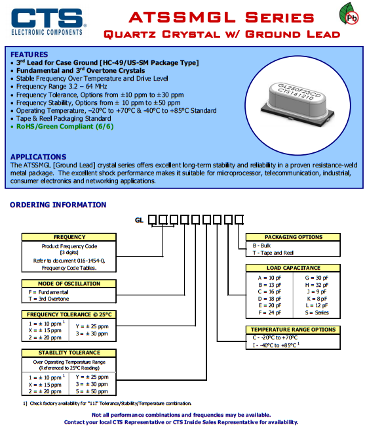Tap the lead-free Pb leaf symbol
(349, 14)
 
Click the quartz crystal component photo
(298, 105)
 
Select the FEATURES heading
(29, 54)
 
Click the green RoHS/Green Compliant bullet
(65, 127)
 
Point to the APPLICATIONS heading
(38, 157)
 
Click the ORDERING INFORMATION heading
(58, 205)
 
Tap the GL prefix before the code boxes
(139, 220)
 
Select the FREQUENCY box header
(69, 237)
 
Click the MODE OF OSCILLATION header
(69, 284)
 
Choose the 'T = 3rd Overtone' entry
(48, 299)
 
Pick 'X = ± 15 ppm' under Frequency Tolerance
(45, 330)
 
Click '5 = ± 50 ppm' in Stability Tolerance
(92, 391)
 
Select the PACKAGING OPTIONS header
(294, 237)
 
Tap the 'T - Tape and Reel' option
(273, 253)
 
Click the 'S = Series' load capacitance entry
(317, 312)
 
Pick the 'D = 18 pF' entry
(270, 299)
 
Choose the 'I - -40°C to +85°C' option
(276, 345)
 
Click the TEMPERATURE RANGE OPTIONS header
(294, 330)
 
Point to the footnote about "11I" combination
(107, 403)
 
